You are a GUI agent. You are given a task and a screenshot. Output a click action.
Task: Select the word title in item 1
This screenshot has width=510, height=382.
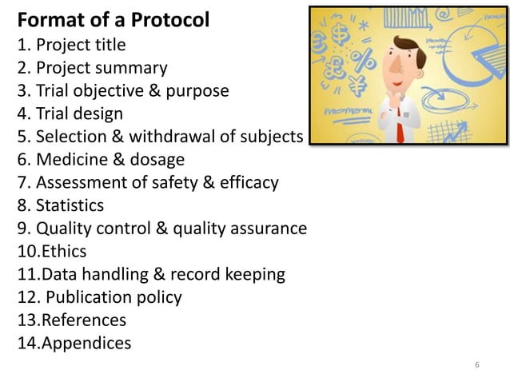coord(108,44)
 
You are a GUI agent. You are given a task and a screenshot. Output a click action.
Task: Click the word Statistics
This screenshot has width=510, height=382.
coord(70,206)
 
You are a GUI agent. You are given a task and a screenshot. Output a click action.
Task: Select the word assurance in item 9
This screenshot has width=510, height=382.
coord(265,229)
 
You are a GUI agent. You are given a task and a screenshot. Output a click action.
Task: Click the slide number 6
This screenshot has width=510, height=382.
coord(476,366)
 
